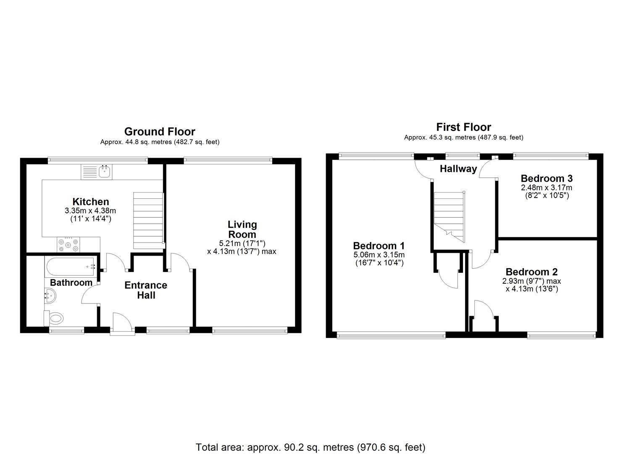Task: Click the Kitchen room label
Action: tap(90, 201)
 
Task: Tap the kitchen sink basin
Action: tap(105, 172)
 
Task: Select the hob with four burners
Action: tap(68, 244)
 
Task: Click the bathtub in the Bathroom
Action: tap(71, 267)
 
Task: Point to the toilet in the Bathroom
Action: tap(54, 318)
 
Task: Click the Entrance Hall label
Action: tap(146, 290)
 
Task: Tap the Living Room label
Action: tap(242, 230)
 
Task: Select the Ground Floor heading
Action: tap(160, 131)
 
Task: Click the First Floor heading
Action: tap(463, 127)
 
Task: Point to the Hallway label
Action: tap(458, 169)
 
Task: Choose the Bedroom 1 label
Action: tap(379, 245)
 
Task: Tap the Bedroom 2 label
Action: tap(532, 272)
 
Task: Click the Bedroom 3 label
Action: tap(547, 178)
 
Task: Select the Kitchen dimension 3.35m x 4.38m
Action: tap(90, 211)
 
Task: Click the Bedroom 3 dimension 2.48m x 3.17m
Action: tap(547, 187)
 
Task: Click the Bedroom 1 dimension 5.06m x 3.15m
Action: tap(379, 255)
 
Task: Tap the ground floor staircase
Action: tap(148, 220)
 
